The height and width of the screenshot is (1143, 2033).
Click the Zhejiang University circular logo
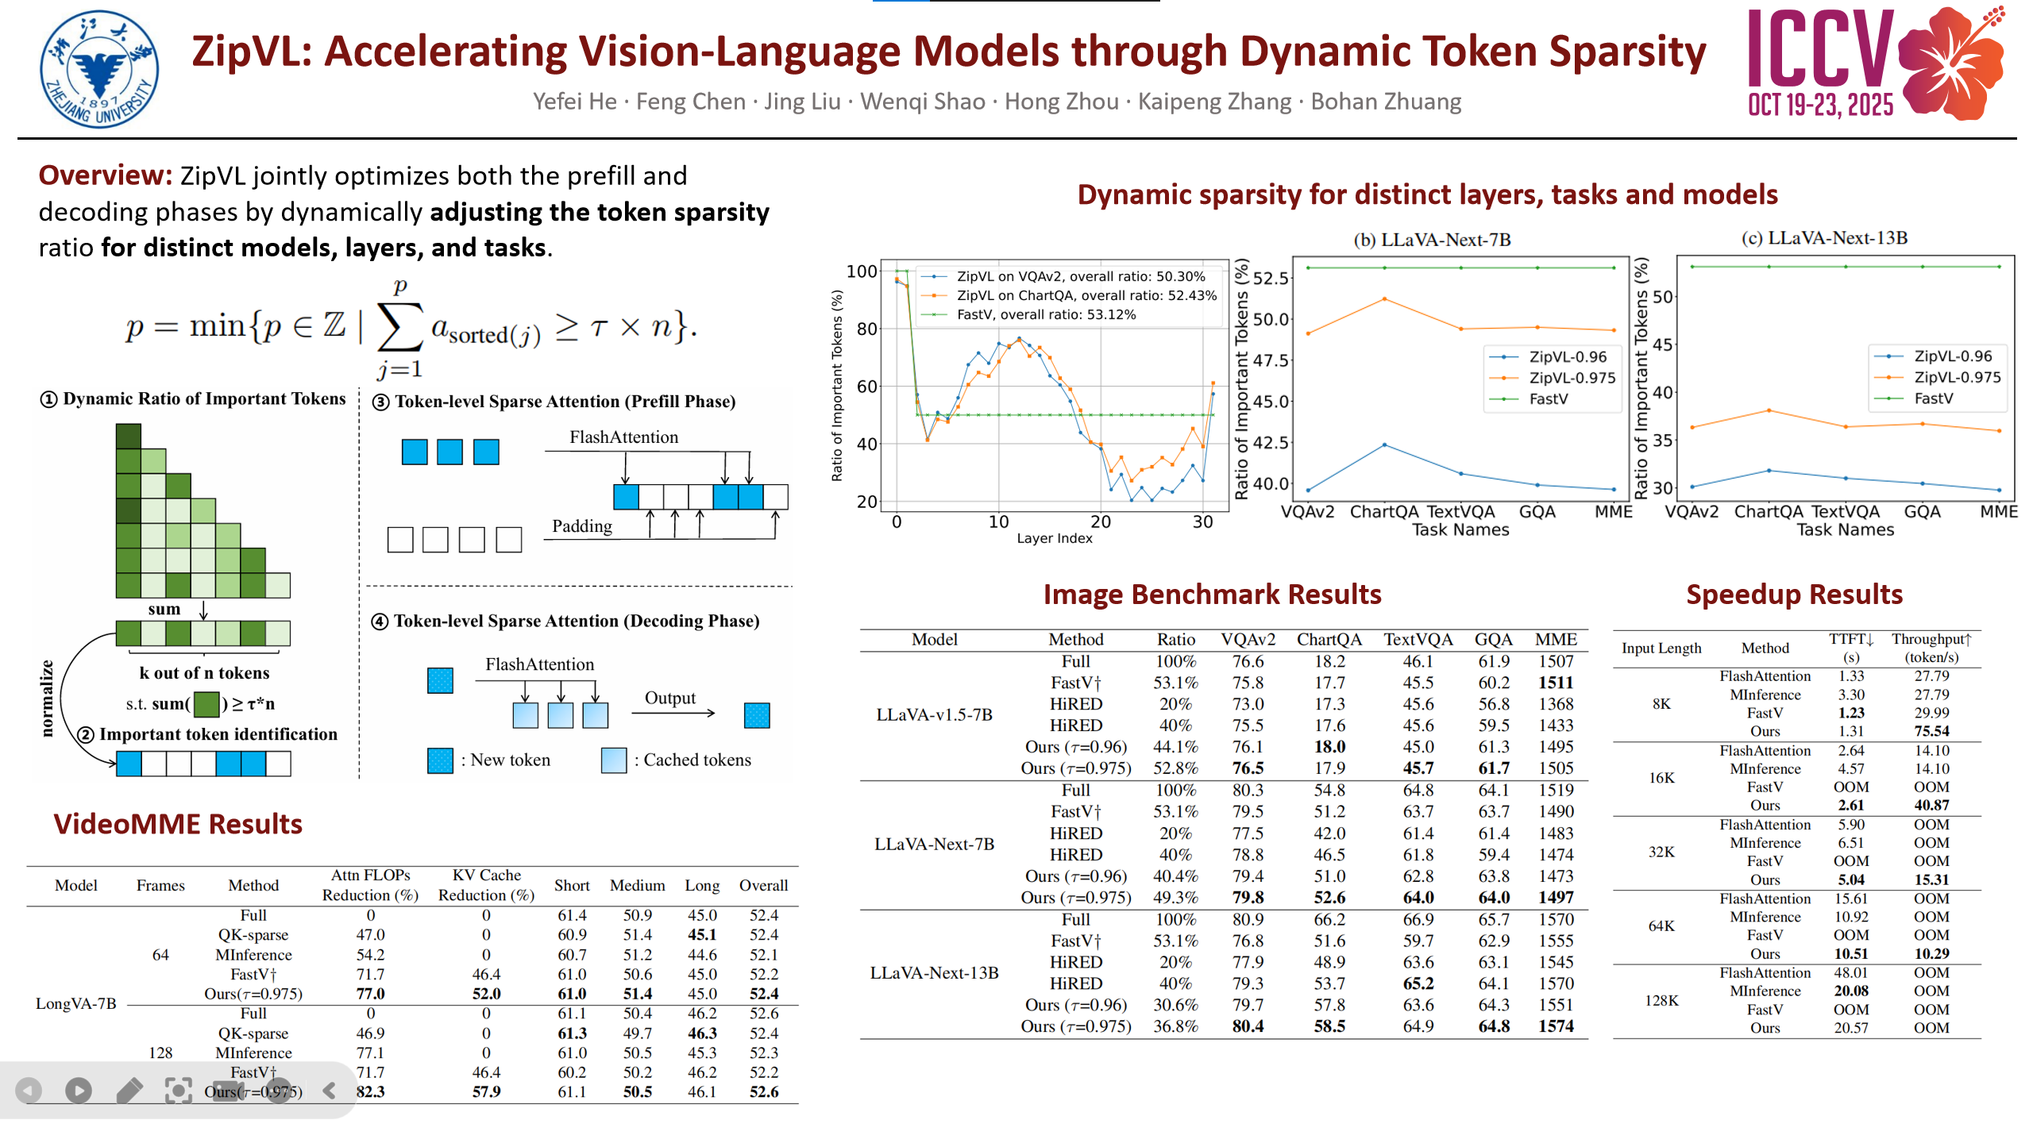[99, 69]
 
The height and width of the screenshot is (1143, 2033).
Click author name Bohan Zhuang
[1386, 102]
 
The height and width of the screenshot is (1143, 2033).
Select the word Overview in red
[105, 175]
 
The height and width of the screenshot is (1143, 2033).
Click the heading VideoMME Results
[178, 824]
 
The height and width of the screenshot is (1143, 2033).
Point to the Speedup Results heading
[1794, 594]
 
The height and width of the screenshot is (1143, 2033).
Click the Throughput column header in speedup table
[1931, 648]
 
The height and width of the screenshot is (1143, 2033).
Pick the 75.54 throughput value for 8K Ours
[1931, 731]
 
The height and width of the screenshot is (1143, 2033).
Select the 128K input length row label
[1661, 1000]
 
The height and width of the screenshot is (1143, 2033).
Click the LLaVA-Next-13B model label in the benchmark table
[934, 972]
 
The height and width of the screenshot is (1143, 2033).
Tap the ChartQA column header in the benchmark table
[1329, 639]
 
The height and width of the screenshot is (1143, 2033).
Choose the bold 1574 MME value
[1556, 1026]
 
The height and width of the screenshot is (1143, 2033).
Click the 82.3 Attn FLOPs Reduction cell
[370, 1091]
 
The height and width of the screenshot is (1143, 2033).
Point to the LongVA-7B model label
[76, 1003]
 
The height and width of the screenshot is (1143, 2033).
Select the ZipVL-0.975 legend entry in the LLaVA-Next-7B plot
[1552, 378]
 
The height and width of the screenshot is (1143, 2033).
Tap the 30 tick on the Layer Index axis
[1202, 521]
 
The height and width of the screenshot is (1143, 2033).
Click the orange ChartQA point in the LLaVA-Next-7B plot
[1384, 298]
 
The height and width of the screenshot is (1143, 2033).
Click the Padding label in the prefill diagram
[582, 526]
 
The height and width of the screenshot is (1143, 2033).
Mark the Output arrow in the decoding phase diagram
[673, 713]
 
